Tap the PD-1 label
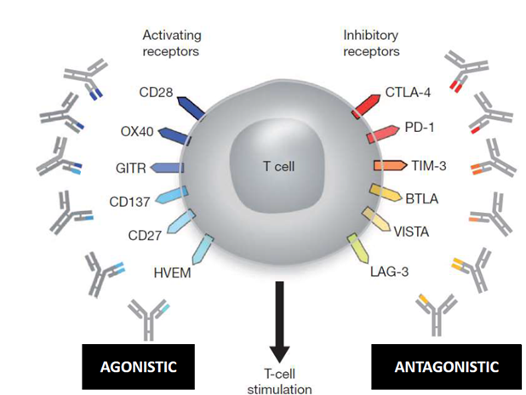(x=419, y=129)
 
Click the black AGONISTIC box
(x=139, y=367)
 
